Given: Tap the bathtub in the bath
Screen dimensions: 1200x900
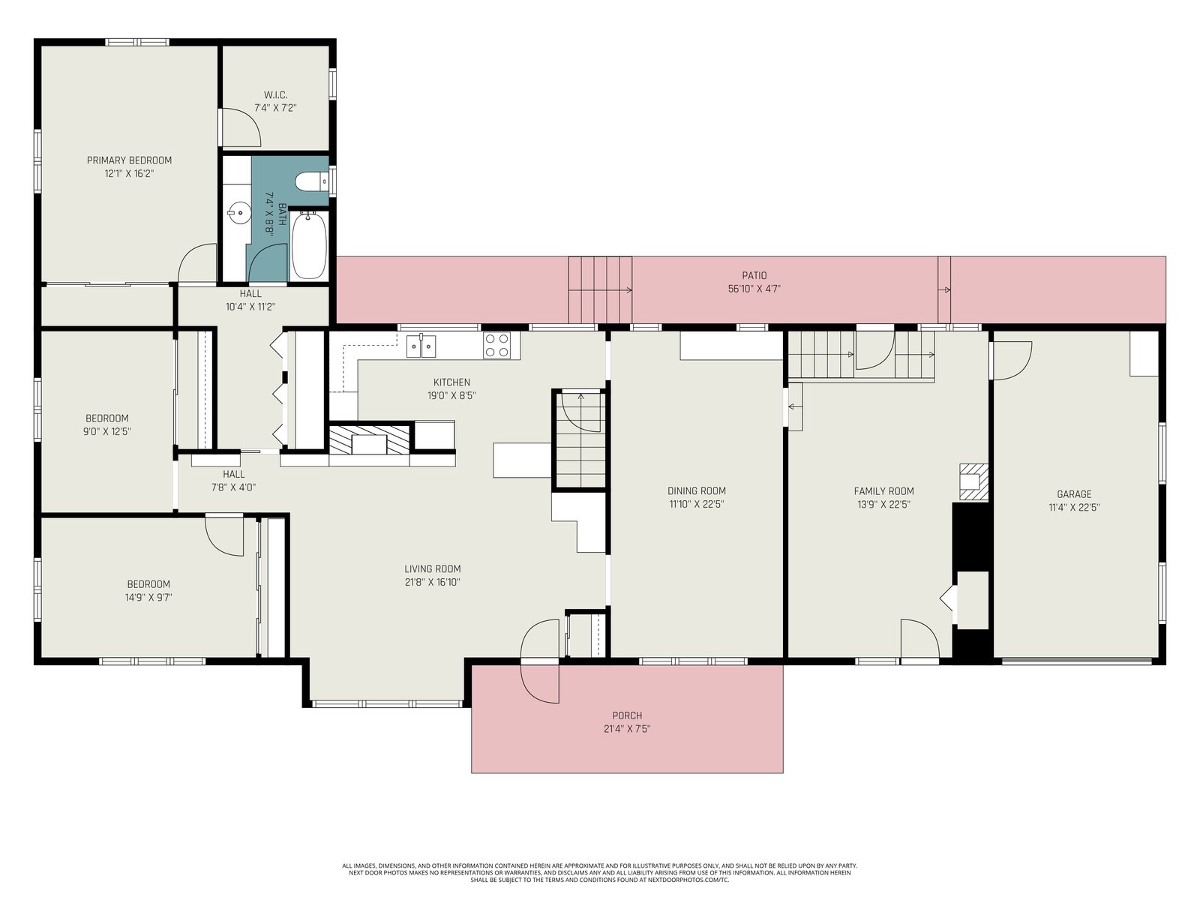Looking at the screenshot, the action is coord(309,246).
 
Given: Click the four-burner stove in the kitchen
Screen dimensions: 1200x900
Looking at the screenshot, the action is coord(497,345).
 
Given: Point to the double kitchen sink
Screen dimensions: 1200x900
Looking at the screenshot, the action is coord(421,346).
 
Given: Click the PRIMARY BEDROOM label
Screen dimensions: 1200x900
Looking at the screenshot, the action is coord(130,160).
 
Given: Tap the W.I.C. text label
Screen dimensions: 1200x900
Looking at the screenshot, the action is coord(275,95).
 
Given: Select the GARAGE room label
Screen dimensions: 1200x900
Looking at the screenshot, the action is coord(1074,494).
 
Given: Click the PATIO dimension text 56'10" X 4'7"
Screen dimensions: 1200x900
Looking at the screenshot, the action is coord(754,289).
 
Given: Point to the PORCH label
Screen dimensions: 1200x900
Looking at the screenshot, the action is coord(627,715).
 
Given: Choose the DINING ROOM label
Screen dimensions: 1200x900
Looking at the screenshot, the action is coord(697,490).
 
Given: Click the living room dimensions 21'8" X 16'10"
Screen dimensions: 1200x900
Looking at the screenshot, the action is coord(433,582).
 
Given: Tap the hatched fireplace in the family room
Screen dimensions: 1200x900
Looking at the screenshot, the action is coord(973,482).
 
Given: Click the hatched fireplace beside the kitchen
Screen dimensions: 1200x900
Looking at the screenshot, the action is coord(369,440).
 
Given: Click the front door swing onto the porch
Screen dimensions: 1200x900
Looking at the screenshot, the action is coord(540,661).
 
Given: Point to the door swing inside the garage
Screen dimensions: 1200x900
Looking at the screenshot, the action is coord(1012,361).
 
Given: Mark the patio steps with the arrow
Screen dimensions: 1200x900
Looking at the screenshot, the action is coord(600,289).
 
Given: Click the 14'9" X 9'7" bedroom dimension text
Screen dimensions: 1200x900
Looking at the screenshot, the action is coord(148,597).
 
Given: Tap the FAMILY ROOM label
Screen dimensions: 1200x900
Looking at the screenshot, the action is coord(883,490).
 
